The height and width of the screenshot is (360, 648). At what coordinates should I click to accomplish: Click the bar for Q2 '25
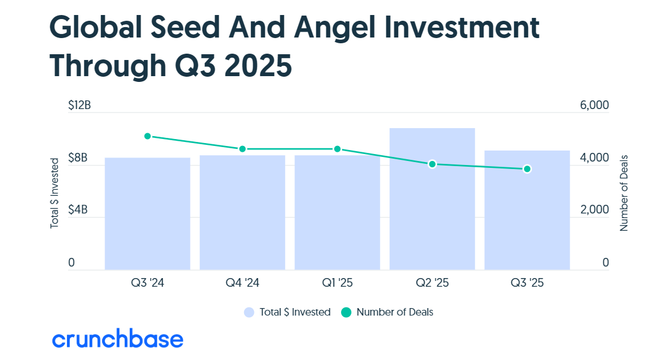[432, 199]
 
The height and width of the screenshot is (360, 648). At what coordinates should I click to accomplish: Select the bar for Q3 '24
[148, 213]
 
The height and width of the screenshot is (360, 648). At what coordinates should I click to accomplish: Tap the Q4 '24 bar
[242, 212]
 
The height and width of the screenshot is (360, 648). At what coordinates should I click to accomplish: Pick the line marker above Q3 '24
[148, 136]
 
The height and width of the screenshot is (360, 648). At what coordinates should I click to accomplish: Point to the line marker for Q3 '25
[527, 168]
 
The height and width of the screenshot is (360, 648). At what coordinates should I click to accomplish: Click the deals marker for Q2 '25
[432, 164]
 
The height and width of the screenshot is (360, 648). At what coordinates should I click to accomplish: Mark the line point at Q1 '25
[337, 149]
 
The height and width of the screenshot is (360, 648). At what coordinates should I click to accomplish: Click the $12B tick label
[80, 105]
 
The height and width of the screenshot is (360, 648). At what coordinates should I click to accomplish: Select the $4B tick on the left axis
[78, 209]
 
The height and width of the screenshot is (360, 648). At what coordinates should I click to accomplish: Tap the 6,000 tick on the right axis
[594, 105]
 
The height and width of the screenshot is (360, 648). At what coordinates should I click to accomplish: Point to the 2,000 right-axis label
[594, 209]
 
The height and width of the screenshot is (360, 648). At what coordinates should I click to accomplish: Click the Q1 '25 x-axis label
[337, 283]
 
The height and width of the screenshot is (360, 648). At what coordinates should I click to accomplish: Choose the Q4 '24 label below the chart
[242, 283]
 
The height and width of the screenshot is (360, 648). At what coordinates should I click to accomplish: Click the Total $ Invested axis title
[55, 193]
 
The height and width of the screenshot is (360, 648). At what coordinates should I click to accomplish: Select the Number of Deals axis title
[624, 193]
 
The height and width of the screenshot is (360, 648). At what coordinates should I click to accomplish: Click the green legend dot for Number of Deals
[346, 313]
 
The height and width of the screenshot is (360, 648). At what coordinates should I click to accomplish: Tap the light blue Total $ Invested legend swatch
[249, 313]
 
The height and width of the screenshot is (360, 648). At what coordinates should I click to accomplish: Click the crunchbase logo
[117, 339]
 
